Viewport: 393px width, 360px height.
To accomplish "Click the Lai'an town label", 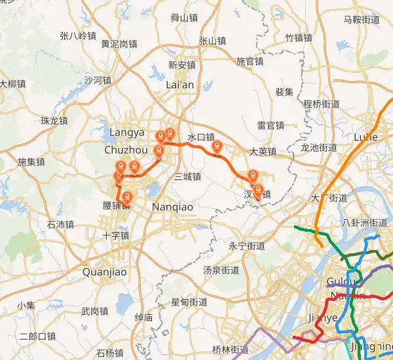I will tap(180, 84).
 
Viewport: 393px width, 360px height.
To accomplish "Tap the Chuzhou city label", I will tap(122, 150).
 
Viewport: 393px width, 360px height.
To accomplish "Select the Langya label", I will tap(126, 132).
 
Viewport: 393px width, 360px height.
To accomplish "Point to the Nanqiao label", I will tap(172, 206).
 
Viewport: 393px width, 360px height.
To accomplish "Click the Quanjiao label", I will tap(104, 271).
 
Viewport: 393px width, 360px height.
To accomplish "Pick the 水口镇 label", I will tap(201, 137).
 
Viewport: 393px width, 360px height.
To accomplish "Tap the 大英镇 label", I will tap(263, 152).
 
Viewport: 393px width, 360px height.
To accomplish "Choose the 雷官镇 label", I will tap(271, 125).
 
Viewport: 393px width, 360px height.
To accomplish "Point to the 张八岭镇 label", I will tap(77, 35).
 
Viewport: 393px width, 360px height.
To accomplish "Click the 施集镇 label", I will tap(31, 162).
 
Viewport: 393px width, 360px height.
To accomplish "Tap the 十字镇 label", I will tap(115, 235).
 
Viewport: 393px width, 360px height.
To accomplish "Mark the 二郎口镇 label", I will tap(37, 336).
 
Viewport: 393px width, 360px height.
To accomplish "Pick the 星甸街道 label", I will tap(189, 302).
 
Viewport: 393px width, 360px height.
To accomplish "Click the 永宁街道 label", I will tap(247, 246).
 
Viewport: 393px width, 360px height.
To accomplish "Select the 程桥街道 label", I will tap(322, 103).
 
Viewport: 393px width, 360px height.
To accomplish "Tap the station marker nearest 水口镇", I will tap(218, 147).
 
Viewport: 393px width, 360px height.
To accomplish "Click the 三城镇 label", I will tap(188, 177).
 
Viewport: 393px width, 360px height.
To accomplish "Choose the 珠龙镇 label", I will tap(54, 120).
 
